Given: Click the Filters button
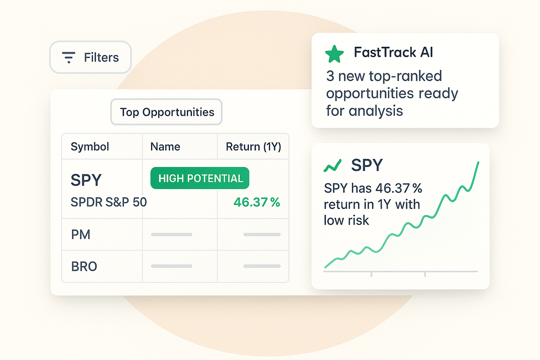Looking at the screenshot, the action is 90,57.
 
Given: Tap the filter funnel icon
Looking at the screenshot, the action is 69,58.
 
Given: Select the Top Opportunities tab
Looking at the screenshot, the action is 166,112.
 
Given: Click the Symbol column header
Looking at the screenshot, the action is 90,147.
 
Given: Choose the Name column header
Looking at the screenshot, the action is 165,147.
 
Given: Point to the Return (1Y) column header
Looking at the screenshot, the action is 253,147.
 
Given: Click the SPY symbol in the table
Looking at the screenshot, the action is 86,180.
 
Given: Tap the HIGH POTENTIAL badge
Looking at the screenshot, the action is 200,178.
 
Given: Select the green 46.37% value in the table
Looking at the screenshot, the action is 257,202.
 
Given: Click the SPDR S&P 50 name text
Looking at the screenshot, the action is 109,202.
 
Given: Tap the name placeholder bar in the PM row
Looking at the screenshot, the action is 171,234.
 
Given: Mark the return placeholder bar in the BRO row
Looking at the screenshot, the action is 262,266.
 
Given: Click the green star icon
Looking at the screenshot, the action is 334,54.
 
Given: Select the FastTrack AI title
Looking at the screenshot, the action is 393,52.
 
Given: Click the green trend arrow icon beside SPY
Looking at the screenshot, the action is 333,166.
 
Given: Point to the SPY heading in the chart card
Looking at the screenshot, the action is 367,165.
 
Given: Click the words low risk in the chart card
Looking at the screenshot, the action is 346,220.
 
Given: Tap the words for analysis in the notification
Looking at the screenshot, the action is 364,111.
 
